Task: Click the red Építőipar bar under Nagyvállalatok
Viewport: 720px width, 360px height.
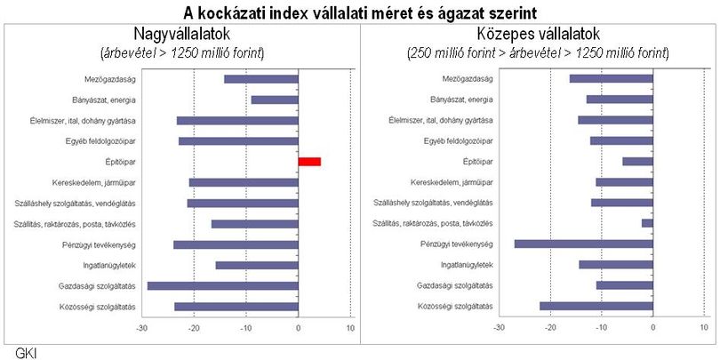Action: coord(309,162)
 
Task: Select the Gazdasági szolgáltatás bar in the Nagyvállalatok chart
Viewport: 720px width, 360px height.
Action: coord(223,286)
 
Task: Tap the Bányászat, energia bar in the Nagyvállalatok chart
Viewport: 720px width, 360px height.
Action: coord(275,100)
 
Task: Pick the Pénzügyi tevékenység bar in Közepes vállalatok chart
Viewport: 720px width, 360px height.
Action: coord(584,244)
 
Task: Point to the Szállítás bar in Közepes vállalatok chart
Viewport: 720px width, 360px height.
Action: coord(647,223)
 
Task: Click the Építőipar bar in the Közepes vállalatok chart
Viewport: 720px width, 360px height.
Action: coord(638,161)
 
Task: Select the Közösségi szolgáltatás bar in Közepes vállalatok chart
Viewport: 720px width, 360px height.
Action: coord(596,307)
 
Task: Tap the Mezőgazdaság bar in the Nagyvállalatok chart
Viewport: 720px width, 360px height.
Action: coord(261,79)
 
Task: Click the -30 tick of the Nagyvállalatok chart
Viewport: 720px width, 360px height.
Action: coord(142,328)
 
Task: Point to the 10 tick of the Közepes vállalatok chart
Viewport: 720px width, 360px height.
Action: coord(704,328)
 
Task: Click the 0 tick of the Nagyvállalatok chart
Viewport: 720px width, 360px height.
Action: coord(299,328)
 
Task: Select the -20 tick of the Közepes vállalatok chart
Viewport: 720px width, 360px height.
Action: coord(550,328)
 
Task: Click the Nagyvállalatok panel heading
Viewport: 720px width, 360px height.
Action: coord(182,34)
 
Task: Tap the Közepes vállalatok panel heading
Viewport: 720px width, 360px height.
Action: coord(538,34)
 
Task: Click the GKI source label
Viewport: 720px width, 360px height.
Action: coord(26,354)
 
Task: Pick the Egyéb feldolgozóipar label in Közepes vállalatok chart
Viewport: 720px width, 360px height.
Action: coord(459,140)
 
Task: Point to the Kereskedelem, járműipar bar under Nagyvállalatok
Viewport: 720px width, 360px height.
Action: coord(244,183)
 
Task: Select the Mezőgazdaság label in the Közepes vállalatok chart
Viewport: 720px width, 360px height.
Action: coord(468,78)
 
